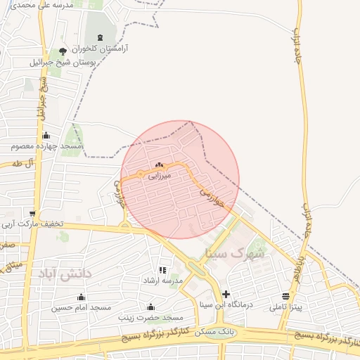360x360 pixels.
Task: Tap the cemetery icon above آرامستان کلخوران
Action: (98, 37)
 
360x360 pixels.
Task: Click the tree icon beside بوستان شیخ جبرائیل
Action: (63, 51)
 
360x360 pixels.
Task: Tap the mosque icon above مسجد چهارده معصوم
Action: (46, 136)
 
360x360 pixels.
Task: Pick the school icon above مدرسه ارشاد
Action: (162, 270)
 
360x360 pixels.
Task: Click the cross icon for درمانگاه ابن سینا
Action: (225, 294)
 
